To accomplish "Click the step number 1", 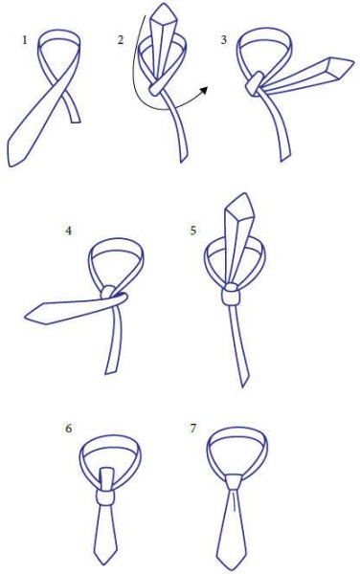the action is [x=25, y=40].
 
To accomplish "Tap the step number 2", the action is [x=121, y=40].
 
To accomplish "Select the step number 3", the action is [x=224, y=40].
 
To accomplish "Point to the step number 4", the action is [x=68, y=231].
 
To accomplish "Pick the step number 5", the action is [x=193, y=231].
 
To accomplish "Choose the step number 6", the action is [x=68, y=429].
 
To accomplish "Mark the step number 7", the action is [x=193, y=428].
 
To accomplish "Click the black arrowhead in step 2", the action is [x=204, y=91].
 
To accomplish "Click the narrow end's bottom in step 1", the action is [x=77, y=121].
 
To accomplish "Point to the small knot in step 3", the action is [x=255, y=84].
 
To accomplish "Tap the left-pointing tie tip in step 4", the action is [x=26, y=317].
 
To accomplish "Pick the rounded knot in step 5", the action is [x=231, y=294].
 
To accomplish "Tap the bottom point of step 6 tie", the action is [x=102, y=564].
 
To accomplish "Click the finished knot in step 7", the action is [x=234, y=482].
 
